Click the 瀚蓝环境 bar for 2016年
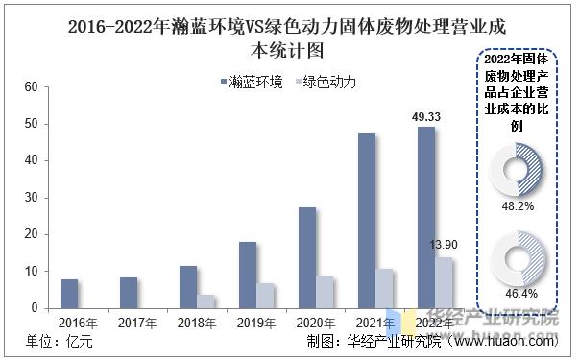coord(69,293)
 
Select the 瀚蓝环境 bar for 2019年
coord(248,275)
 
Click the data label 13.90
coord(445,247)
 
